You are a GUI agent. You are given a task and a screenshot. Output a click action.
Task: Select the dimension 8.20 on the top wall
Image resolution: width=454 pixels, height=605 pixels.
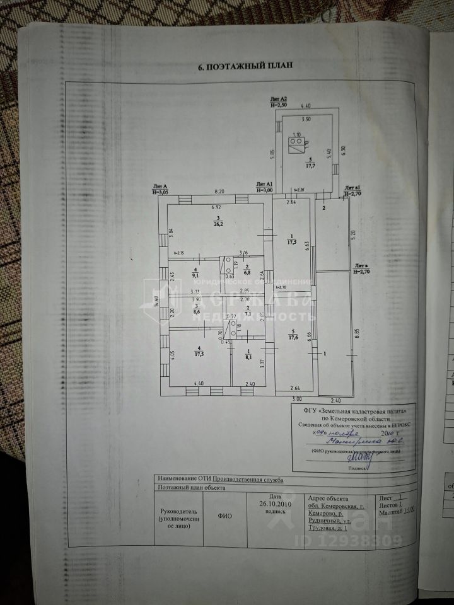[219, 190]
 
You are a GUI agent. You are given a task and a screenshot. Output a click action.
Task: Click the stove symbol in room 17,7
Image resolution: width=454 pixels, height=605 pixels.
[295, 144]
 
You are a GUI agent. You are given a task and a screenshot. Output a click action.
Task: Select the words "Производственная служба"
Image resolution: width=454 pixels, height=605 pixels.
[248, 479]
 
